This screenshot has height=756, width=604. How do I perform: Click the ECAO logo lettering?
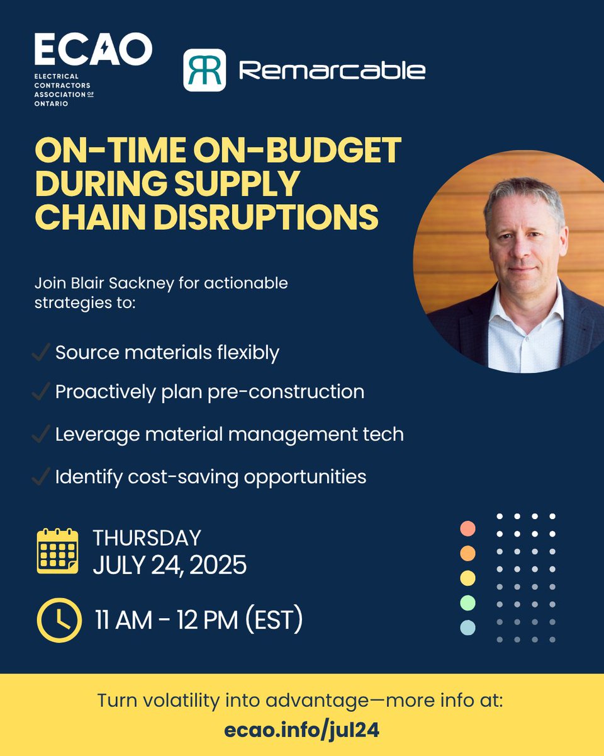[93, 50]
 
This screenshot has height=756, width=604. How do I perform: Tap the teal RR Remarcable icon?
[204, 70]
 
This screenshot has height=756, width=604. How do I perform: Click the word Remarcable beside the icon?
[332, 71]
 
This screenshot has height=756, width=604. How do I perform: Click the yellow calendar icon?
[58, 551]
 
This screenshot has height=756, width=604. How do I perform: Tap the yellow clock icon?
[59, 620]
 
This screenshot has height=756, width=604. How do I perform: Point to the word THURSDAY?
[147, 538]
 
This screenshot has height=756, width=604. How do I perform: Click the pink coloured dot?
[467, 529]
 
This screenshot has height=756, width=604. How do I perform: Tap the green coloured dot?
[467, 603]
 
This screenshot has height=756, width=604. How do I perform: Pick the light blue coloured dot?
[467, 627]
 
